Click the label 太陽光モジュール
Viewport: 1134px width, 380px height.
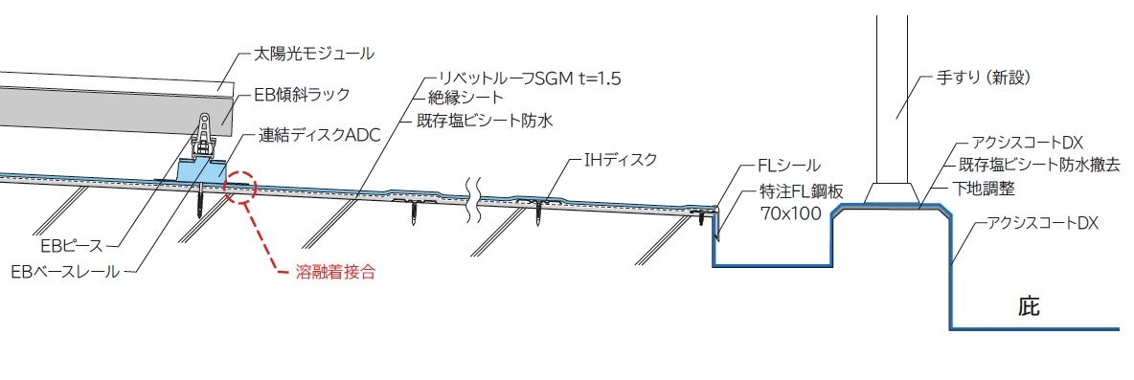pyautogui.click(x=314, y=53)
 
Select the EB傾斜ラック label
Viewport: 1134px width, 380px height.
pyautogui.click(x=302, y=94)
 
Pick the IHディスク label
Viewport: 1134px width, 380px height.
pyautogui.click(x=621, y=161)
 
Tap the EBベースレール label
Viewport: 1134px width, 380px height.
pyautogui.click(x=65, y=273)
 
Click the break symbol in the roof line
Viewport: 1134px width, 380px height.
pyautogui.click(x=474, y=196)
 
